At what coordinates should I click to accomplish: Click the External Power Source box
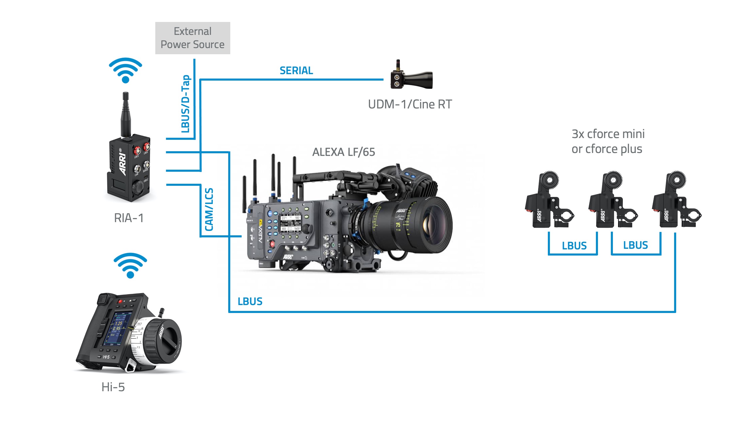click(x=192, y=38)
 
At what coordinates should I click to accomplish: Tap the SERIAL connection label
click(x=296, y=71)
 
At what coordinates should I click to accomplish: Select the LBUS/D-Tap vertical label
click(x=186, y=104)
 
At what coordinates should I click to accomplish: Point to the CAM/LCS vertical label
click(x=209, y=210)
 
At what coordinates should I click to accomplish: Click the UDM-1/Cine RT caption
click(x=410, y=104)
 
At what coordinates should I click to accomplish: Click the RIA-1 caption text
click(x=129, y=218)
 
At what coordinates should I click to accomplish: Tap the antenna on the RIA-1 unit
click(x=126, y=114)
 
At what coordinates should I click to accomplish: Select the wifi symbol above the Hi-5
click(x=130, y=265)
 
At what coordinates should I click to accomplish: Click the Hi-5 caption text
click(x=113, y=387)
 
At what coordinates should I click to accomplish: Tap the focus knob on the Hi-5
click(x=163, y=340)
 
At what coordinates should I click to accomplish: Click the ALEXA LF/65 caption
click(x=344, y=152)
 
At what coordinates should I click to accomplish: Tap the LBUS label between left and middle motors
click(x=574, y=246)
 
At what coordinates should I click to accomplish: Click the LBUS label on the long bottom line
click(x=250, y=301)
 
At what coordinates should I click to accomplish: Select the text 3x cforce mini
click(x=608, y=134)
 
